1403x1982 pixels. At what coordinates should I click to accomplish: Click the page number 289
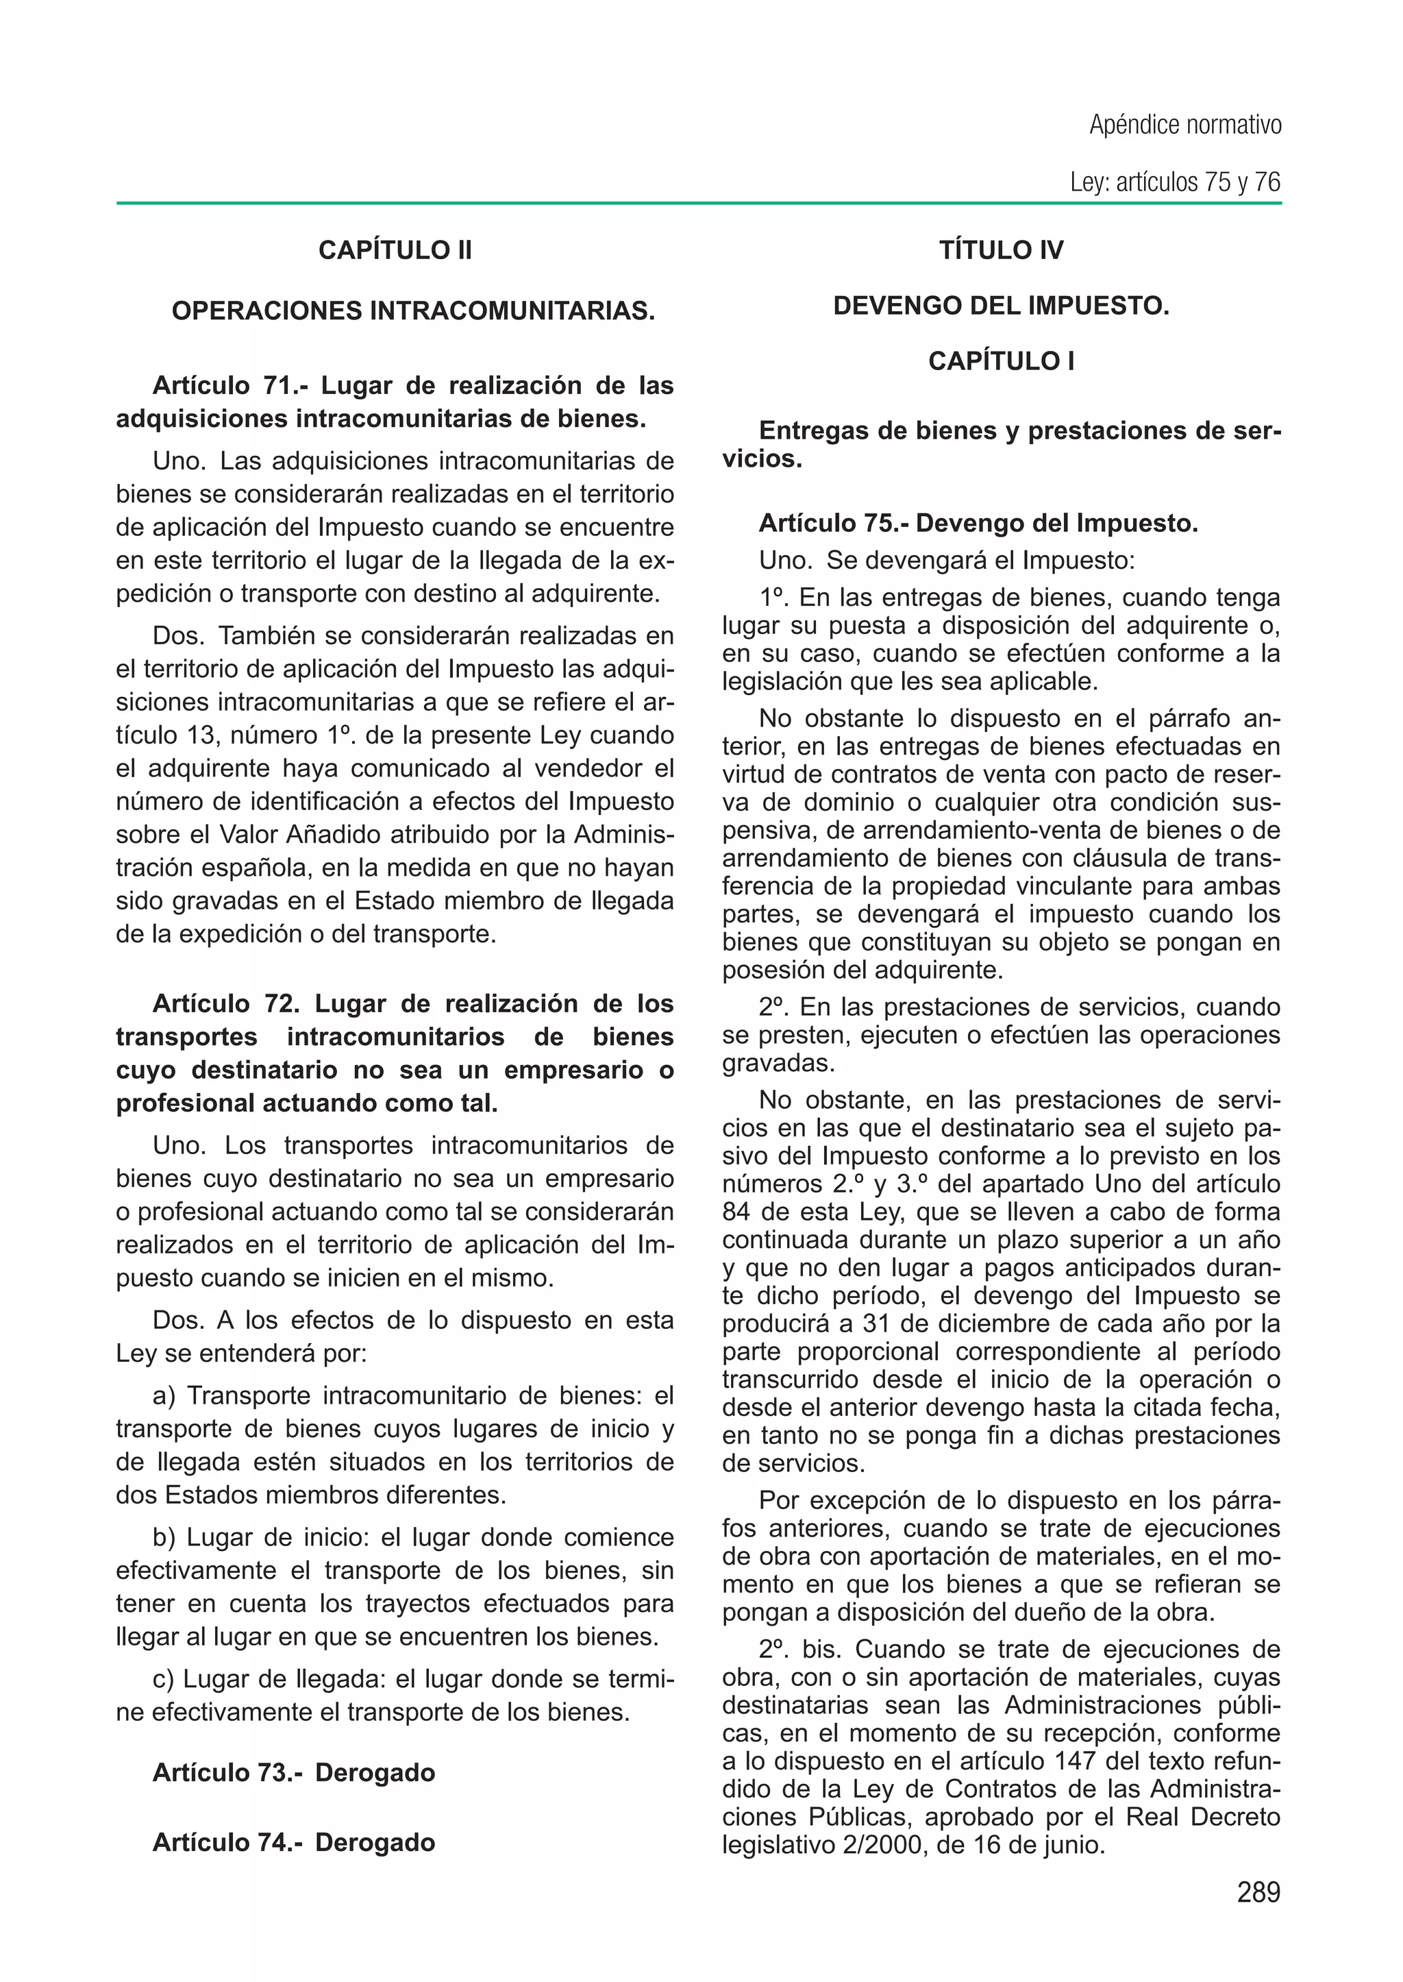coord(1258,1893)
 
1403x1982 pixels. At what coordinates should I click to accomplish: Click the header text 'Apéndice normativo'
coord(1184,125)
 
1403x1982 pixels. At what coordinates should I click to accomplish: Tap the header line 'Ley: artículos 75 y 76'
coord(1174,182)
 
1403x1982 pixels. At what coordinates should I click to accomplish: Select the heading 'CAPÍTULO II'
coord(395,251)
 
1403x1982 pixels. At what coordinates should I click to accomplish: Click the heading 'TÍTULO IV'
coord(1002,251)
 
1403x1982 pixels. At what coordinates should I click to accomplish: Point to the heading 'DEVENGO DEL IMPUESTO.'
coord(1002,306)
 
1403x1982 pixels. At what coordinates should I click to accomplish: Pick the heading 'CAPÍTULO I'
coord(1002,361)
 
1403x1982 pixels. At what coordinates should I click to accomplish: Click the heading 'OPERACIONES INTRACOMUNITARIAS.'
coord(413,311)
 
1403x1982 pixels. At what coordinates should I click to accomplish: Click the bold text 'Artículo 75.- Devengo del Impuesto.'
coord(978,524)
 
